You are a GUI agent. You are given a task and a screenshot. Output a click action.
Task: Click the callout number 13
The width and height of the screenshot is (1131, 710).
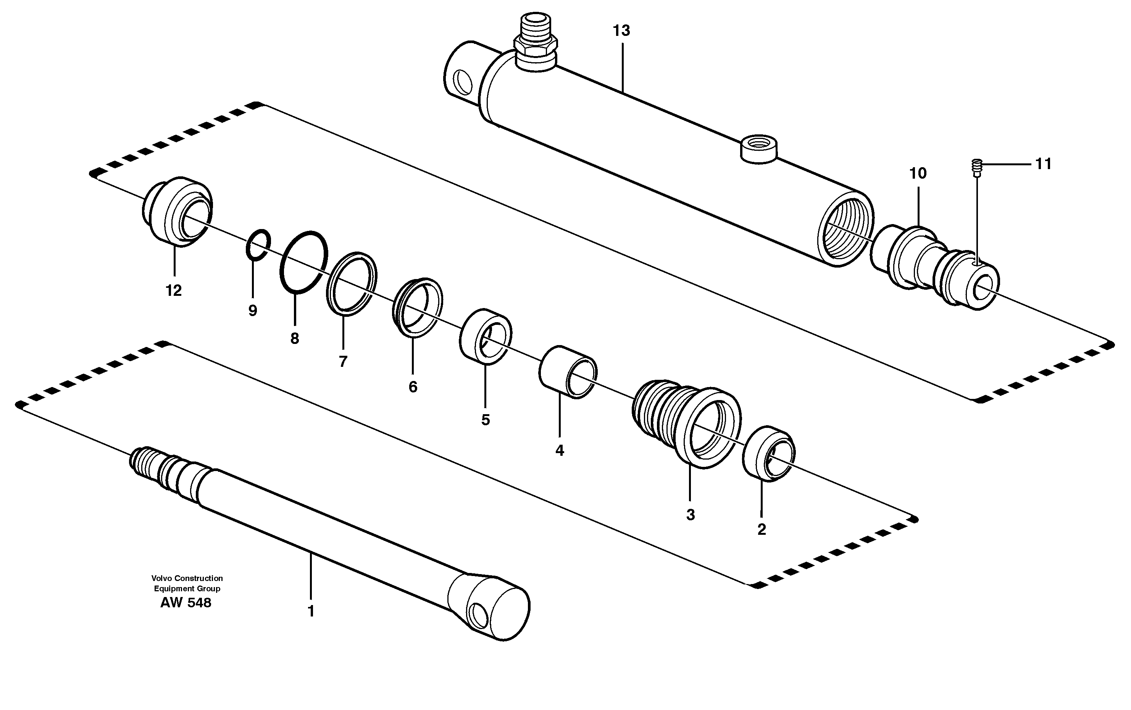pyautogui.click(x=621, y=31)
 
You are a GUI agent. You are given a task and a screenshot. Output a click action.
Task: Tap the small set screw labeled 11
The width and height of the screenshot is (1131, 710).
pyautogui.click(x=976, y=167)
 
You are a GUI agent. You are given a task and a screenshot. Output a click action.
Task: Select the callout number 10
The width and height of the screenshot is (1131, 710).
pyautogui.click(x=918, y=174)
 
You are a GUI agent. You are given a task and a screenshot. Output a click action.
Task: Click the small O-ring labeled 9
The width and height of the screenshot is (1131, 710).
pyautogui.click(x=258, y=244)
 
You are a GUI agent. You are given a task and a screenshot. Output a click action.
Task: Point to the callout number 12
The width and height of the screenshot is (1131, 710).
pyautogui.click(x=173, y=290)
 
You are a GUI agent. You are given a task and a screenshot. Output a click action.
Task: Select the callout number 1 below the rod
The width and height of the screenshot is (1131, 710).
pyautogui.click(x=310, y=612)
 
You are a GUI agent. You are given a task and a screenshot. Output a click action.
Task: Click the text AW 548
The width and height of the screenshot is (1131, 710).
pyautogui.click(x=186, y=603)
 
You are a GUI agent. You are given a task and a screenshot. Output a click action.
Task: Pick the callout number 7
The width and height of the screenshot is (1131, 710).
pyautogui.click(x=343, y=361)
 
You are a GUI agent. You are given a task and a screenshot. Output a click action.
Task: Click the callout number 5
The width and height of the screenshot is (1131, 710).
pyautogui.click(x=485, y=420)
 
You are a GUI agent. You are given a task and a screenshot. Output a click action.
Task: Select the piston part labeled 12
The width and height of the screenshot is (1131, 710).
pyautogui.click(x=177, y=212)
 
